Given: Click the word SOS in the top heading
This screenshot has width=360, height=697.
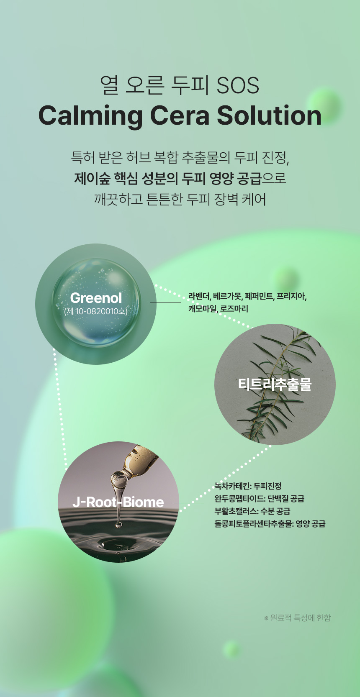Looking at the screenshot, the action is tap(238, 85).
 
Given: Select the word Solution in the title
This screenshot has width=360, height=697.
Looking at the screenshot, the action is tap(269, 115).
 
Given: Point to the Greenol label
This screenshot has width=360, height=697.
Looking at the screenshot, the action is tap(96, 298).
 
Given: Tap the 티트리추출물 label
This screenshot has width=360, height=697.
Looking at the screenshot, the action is tap(275, 384).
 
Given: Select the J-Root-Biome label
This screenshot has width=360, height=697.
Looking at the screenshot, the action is tap(118, 502).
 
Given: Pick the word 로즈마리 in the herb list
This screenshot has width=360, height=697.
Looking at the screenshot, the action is tap(234, 309).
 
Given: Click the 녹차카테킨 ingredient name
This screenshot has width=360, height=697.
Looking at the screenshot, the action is tap(232, 486).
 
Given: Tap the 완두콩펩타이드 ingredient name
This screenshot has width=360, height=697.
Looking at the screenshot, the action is tap(239, 498).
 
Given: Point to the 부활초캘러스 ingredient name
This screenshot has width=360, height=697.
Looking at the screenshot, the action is tap(236, 511).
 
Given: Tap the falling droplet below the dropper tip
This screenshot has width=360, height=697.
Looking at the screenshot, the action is tap(118, 524).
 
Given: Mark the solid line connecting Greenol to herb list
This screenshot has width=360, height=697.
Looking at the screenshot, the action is tap(165, 302).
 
